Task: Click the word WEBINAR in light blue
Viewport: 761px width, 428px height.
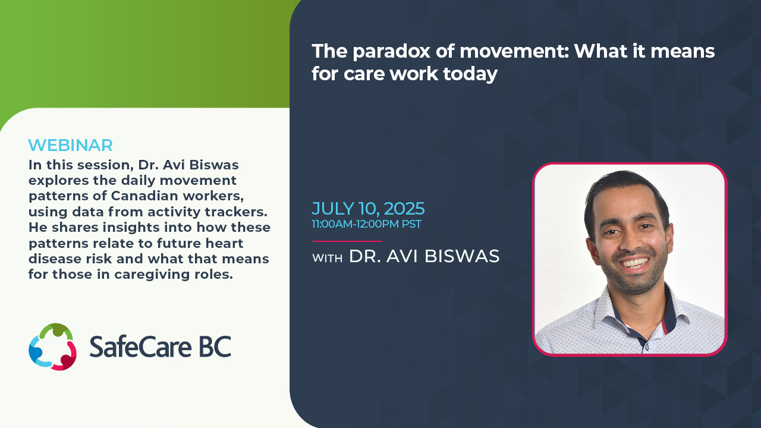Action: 70,146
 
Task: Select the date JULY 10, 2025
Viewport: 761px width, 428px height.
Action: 368,209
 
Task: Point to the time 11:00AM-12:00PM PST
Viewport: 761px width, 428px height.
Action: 367,224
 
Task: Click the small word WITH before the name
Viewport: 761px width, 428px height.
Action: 327,259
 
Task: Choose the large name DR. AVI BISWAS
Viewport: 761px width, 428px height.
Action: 424,256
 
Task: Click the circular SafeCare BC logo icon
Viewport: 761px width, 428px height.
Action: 53,347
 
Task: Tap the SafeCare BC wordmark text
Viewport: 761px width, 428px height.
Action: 161,347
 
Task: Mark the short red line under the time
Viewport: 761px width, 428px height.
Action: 347,241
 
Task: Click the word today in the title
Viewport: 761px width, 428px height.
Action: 470,74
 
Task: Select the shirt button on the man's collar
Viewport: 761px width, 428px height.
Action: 647,347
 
